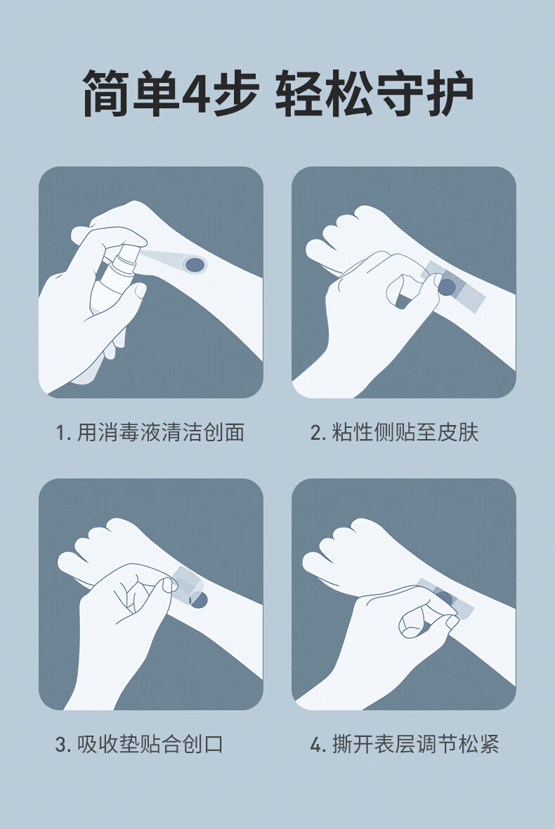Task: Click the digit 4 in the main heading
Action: pos(195,94)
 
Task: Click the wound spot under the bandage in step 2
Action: pos(448,287)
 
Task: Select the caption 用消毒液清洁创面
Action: pos(161,433)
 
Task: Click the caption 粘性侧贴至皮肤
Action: pos(405,433)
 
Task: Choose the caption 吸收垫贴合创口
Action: pos(150,745)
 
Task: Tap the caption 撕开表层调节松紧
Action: pos(415,745)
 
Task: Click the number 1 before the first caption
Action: pos(60,433)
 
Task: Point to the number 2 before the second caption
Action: pos(315,433)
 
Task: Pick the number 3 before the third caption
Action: pos(61,745)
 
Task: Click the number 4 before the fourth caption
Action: pos(315,745)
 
